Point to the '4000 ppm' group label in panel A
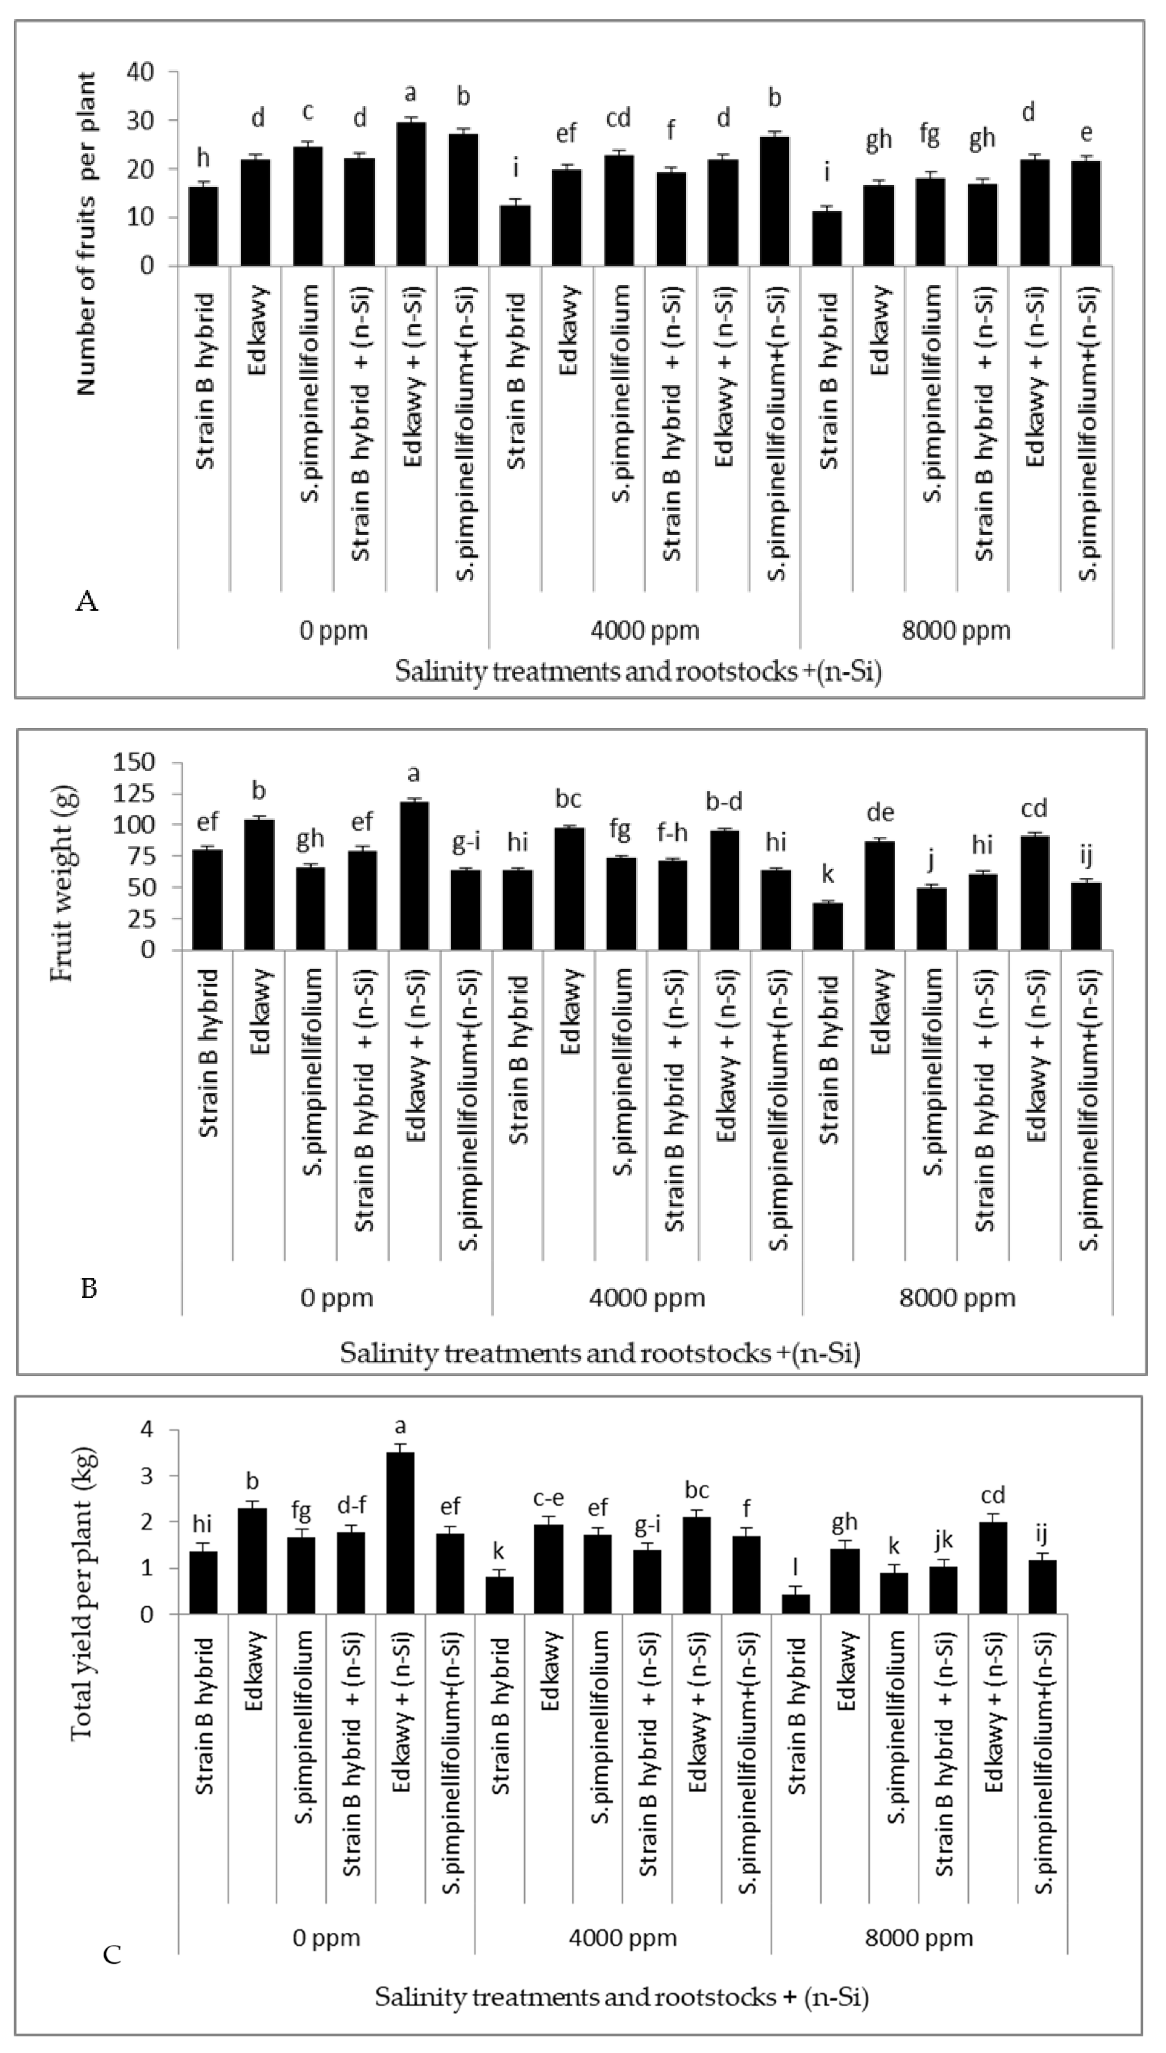[645, 630]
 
